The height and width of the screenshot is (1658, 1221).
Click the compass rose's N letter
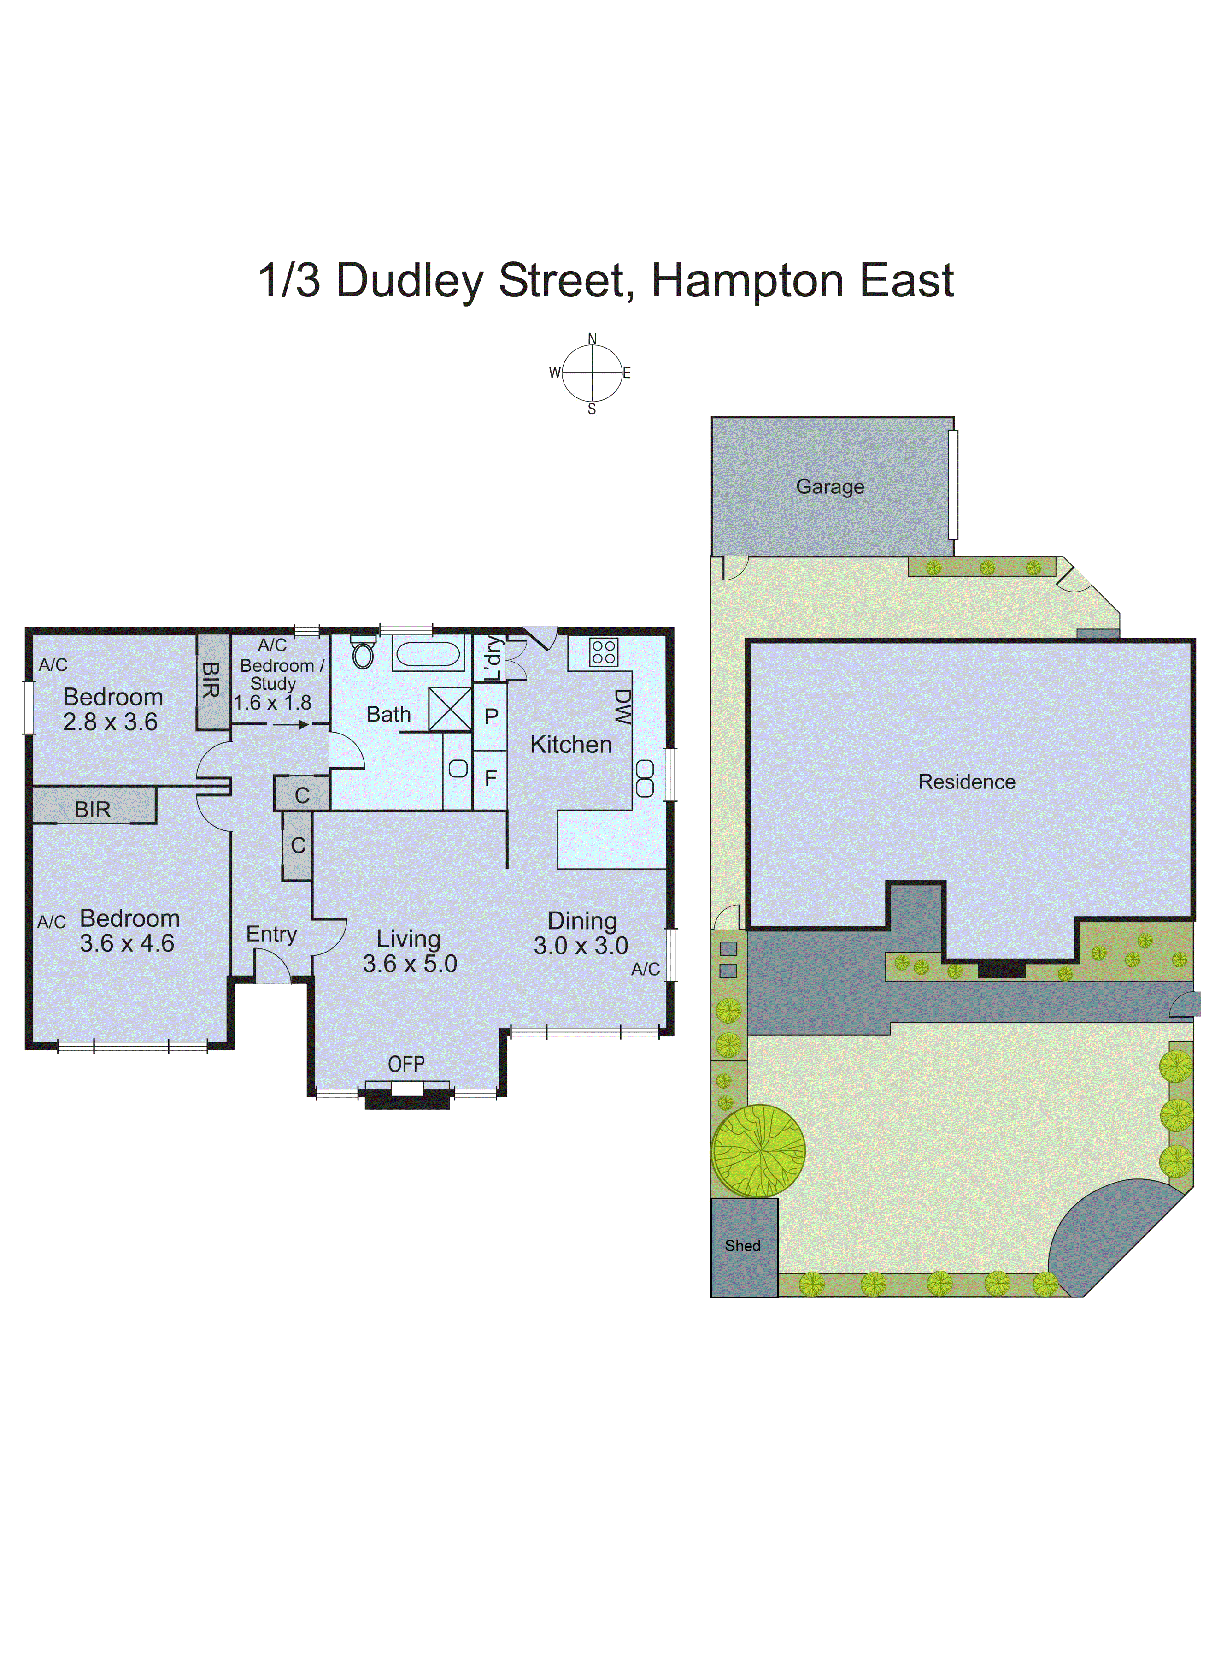point(592,339)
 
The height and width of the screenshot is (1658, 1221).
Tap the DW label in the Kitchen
point(622,707)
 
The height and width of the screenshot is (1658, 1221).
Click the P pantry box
point(491,716)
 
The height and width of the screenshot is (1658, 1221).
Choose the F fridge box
point(490,778)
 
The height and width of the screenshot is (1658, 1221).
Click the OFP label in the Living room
point(406,1064)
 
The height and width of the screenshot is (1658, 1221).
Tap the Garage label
point(830,486)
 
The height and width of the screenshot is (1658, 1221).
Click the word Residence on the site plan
point(967,782)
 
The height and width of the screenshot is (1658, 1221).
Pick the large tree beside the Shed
point(758,1151)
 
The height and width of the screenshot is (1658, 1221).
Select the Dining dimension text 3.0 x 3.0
point(581,946)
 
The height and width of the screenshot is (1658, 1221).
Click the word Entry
point(271,934)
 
